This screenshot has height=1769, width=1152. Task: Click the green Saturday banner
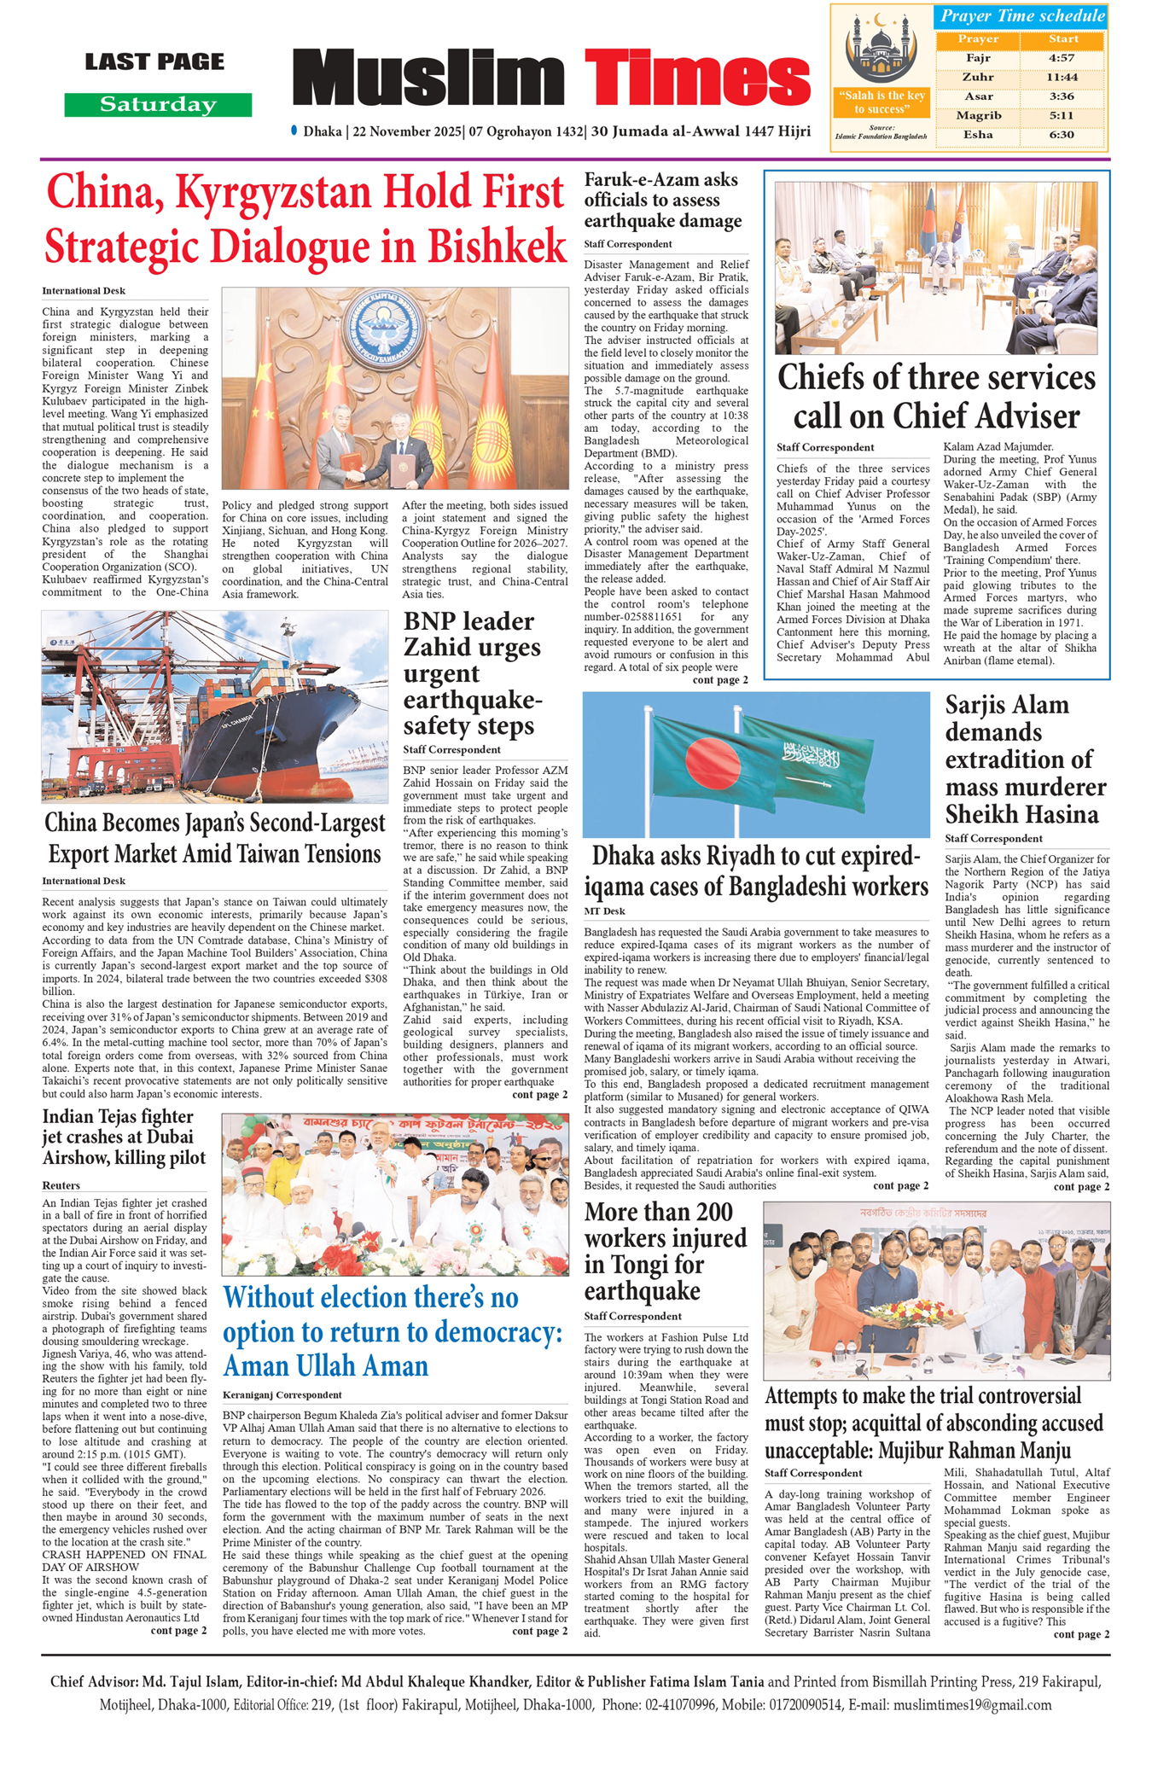158,105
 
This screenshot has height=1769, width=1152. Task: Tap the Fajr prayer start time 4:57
1062,58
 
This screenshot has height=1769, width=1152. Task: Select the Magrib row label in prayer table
978,115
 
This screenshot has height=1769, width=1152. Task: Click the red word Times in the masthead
697,79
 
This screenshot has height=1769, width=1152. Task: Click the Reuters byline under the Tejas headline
61,1185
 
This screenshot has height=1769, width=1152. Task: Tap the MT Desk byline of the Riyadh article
605,911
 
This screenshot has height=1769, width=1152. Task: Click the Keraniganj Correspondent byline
282,1394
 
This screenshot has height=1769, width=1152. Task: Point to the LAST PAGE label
154,61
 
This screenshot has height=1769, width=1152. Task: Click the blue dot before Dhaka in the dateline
294,131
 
